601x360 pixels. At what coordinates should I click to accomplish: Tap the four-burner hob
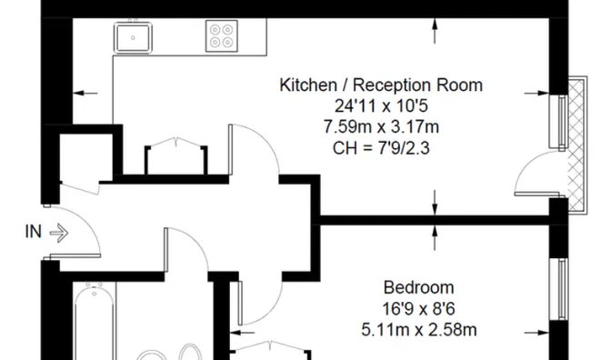click(221, 35)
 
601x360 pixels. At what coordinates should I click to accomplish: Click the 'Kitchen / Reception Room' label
click(380, 85)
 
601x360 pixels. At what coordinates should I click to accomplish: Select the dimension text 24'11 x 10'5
click(380, 105)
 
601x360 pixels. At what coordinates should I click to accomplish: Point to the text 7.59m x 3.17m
click(380, 125)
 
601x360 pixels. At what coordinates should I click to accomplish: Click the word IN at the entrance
click(33, 232)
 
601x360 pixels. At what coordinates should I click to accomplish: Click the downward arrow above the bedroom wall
click(436, 202)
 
